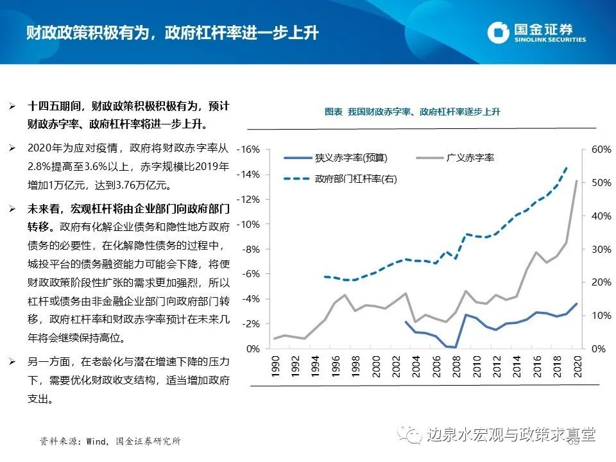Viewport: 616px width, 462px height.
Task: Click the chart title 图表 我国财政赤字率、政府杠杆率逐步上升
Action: pyautogui.click(x=412, y=112)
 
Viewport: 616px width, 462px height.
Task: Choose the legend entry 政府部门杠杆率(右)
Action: pyautogui.click(x=355, y=180)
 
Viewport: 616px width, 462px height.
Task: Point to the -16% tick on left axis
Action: pyautogui.click(x=249, y=150)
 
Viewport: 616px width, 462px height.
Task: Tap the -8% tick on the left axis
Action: pyautogui.click(x=250, y=249)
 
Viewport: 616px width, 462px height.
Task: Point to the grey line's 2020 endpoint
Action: pyautogui.click(x=576, y=181)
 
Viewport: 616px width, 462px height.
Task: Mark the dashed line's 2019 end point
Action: pyautogui.click(x=567, y=167)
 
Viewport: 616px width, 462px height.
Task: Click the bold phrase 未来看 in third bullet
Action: pyautogui.click(x=42, y=209)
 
